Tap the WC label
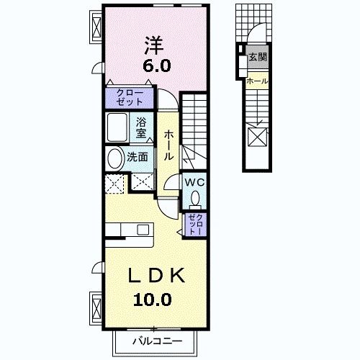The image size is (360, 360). [196, 182]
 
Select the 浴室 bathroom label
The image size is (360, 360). [142, 127]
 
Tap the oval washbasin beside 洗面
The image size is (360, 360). [114, 158]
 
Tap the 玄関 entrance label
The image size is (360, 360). [257, 57]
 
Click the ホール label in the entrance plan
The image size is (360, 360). [257, 81]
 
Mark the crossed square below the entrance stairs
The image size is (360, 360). [257, 135]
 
